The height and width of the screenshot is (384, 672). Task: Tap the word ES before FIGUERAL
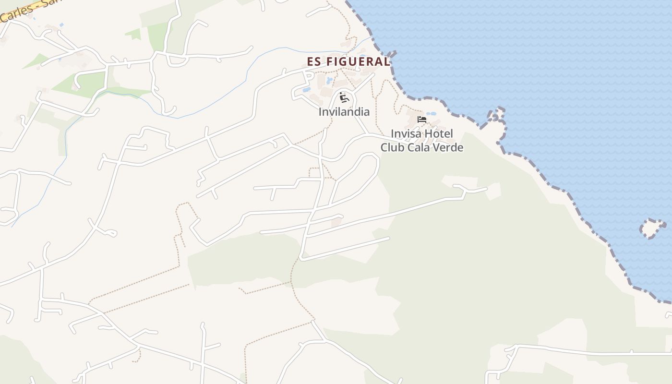point(314,61)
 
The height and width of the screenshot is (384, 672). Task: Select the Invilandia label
point(344,112)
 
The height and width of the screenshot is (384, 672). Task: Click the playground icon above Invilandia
point(343,97)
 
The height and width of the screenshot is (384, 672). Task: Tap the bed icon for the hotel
point(422,119)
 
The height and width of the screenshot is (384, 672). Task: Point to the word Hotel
point(439,133)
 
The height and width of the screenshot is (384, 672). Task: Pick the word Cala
point(420,147)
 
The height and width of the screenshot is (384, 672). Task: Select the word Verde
point(449,147)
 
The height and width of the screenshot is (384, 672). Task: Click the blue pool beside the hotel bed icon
point(432,114)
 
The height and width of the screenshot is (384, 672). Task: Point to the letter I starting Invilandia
point(320,112)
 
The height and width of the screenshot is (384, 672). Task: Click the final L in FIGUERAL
point(387,61)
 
